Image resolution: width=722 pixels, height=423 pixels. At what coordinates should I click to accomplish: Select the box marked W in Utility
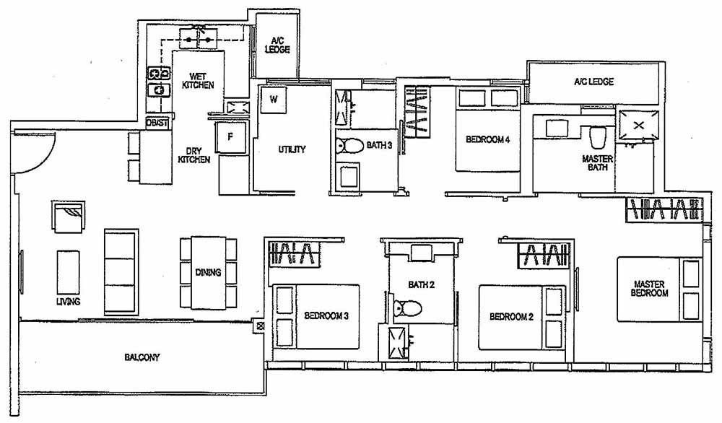[274, 99]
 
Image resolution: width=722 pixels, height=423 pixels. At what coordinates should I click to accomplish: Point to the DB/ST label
[157, 123]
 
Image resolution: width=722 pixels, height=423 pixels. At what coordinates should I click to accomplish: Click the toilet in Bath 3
[352, 147]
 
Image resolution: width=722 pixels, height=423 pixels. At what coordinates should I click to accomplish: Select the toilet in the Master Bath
[597, 136]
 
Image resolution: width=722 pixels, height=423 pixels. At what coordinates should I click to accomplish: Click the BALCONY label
[142, 357]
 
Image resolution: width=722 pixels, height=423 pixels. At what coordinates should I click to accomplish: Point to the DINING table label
[209, 272]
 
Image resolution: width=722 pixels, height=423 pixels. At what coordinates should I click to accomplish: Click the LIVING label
[68, 301]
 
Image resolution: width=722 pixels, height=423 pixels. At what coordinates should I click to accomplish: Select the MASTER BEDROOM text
[650, 288]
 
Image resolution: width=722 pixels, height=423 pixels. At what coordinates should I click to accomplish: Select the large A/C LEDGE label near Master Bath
[593, 82]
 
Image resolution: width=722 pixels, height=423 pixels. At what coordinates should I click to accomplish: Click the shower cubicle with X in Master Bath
[638, 125]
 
